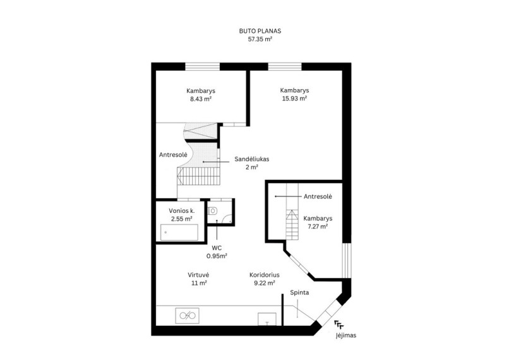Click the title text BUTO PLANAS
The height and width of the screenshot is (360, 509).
(x=260, y=31)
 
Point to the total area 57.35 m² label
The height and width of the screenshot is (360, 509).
(x=260, y=39)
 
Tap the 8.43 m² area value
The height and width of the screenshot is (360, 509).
(x=201, y=99)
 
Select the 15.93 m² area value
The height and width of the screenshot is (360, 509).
(x=294, y=99)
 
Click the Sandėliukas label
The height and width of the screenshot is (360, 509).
(x=252, y=159)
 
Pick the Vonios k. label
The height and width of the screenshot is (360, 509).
(x=182, y=211)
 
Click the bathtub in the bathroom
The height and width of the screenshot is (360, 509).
(x=179, y=232)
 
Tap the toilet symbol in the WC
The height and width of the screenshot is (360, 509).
(x=212, y=211)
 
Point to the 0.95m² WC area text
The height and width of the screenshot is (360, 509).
(x=217, y=256)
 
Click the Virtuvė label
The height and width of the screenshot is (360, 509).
(x=198, y=275)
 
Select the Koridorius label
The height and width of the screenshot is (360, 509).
(x=265, y=275)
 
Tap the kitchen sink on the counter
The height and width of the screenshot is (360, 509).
(x=188, y=316)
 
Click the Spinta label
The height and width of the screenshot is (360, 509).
(x=299, y=293)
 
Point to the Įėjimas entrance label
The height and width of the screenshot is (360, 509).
(x=345, y=335)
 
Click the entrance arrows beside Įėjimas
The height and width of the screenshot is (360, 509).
(x=339, y=324)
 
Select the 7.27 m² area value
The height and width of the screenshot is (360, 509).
(x=318, y=227)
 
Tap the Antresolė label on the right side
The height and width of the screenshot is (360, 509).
(x=318, y=196)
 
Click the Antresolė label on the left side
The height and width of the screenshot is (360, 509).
(x=173, y=155)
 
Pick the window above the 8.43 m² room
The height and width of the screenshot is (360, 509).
(x=202, y=66)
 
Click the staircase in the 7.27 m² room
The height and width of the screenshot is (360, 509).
(x=292, y=212)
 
